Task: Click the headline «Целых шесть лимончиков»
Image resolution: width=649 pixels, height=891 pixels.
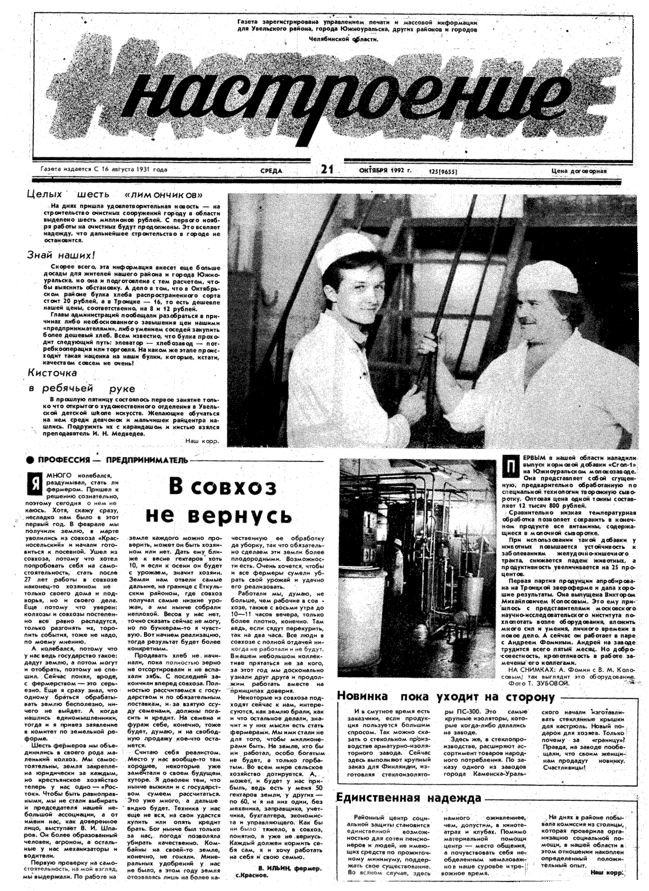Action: tap(114, 195)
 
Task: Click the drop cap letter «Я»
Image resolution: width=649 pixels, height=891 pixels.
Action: tap(35, 483)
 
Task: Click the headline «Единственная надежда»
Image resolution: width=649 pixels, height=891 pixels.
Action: tap(409, 797)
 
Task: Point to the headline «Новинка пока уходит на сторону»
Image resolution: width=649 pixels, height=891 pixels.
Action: tap(446, 697)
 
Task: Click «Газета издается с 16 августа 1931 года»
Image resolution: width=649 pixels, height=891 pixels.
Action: tap(103, 169)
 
